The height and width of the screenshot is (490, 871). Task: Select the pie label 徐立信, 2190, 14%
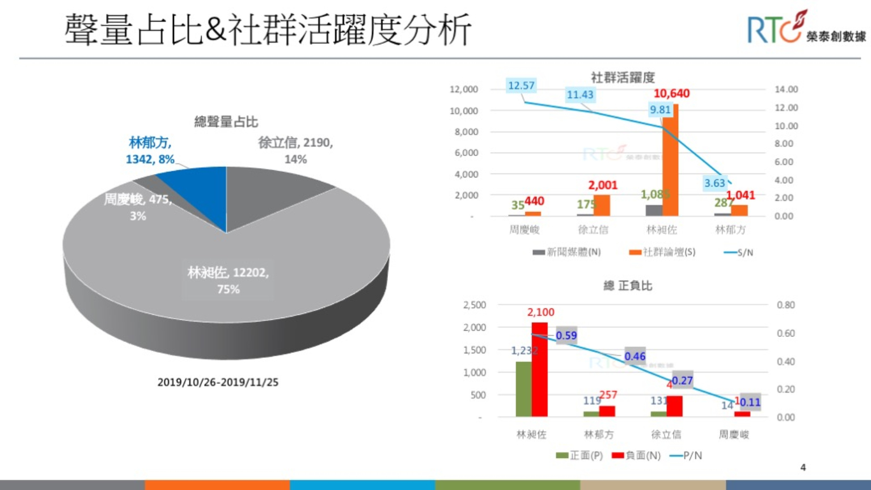coord(295,150)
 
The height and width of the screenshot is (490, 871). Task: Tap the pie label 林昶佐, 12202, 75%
coord(228,280)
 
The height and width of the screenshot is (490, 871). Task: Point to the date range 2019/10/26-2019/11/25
coord(218,382)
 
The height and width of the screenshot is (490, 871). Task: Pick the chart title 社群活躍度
coord(623,77)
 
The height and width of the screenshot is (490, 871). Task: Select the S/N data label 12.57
coord(521,86)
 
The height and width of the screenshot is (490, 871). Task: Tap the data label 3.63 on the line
coord(714,183)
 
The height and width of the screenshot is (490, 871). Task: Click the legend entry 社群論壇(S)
coord(663,252)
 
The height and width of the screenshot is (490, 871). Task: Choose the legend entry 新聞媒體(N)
coord(567,252)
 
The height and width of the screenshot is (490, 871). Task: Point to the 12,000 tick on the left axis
coord(464,90)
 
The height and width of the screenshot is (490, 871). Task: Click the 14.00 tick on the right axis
coord(786,90)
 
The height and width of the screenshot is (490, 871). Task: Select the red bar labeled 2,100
coord(540,369)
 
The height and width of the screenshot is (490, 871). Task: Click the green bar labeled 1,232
coord(523,389)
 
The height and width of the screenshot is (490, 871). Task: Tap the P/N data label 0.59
coord(566,336)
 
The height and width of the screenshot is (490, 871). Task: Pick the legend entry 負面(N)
coord(637,455)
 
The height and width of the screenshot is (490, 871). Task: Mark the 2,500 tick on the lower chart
coord(475,305)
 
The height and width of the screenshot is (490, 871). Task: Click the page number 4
coord(803,467)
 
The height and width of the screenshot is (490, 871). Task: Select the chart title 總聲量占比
coord(226,122)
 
